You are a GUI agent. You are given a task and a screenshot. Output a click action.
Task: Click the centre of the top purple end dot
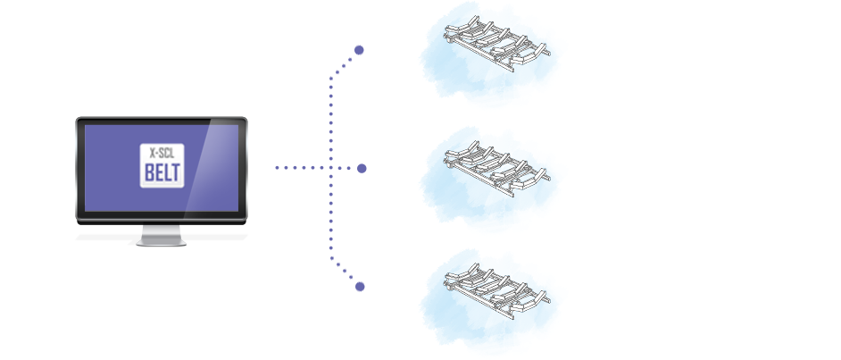point(359,50)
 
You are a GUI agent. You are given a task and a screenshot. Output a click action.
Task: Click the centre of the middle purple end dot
point(362,168)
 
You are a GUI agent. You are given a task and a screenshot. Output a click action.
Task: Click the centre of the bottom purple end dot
point(360,287)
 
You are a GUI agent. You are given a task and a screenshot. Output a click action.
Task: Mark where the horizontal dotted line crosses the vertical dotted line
point(331,168)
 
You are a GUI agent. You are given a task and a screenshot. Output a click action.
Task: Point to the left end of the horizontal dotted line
point(277,168)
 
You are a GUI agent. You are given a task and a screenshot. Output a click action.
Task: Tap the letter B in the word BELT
point(149,172)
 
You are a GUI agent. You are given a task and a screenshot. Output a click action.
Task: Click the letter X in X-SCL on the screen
point(153,153)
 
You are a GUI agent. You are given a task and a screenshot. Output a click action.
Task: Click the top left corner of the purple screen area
point(86,126)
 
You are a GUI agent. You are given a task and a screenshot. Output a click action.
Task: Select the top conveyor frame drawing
point(496,43)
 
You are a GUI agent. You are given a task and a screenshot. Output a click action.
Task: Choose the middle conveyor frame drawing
point(496,168)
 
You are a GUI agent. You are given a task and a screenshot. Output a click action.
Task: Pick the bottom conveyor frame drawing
point(496,291)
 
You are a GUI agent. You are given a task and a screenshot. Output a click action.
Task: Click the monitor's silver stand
point(161,236)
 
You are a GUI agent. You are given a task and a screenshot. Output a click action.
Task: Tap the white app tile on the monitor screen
point(162,165)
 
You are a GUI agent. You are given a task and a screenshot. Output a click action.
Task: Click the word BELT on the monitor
point(162,172)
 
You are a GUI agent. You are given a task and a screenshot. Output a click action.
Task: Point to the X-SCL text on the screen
point(162,153)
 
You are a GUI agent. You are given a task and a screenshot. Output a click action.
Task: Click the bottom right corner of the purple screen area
point(238,212)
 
